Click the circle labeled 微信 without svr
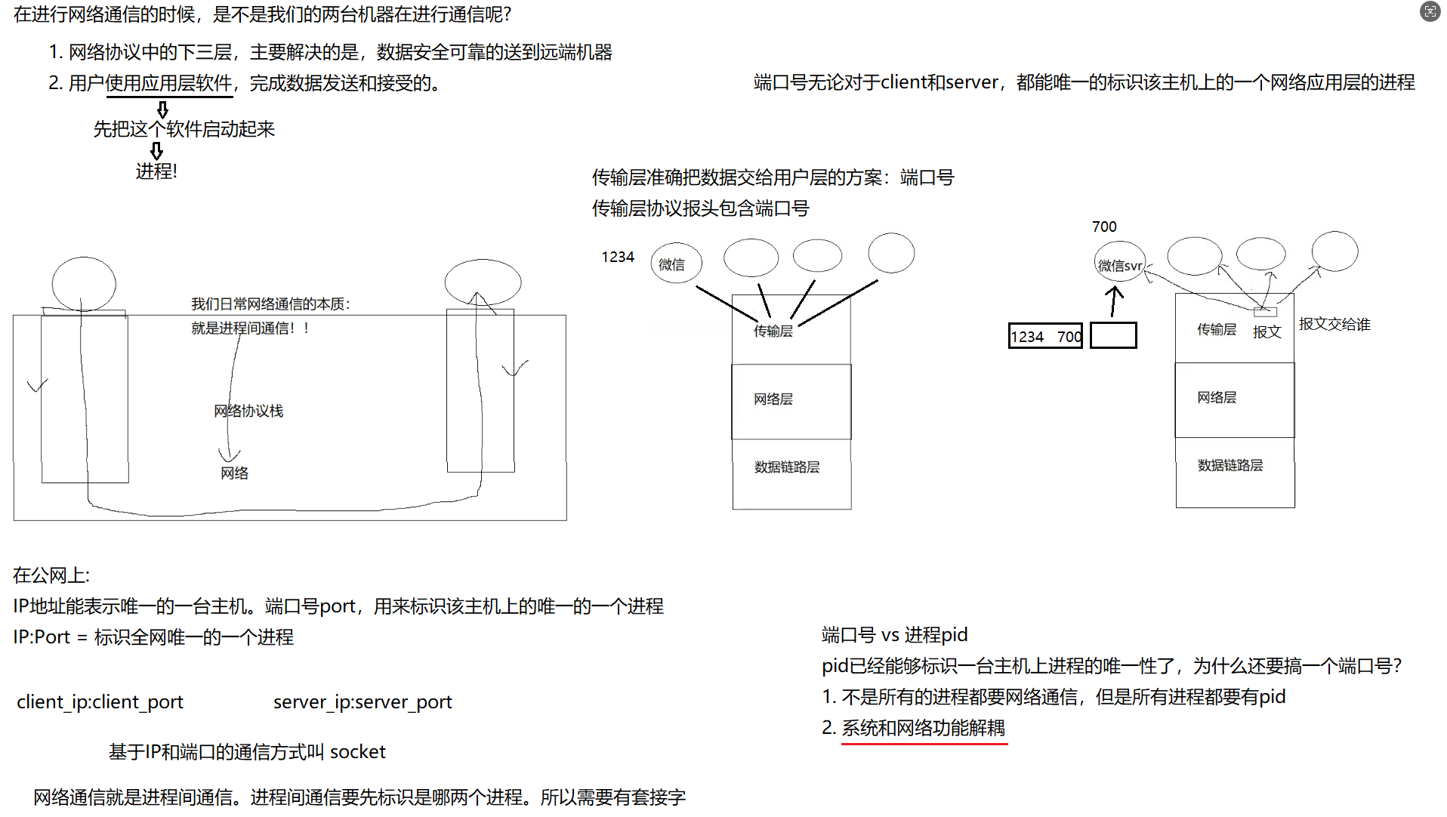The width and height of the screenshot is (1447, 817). (676, 264)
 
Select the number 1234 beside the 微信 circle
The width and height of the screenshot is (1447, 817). (618, 257)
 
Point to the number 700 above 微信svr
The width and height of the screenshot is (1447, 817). (1104, 227)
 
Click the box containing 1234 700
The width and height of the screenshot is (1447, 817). (1045, 336)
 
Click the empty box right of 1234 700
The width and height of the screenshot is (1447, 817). (1113, 335)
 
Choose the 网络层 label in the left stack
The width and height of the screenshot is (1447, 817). (773, 399)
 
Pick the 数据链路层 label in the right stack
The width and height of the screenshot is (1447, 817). (1230, 465)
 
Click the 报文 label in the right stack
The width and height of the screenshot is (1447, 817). (1267, 331)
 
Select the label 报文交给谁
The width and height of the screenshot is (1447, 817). (1334, 324)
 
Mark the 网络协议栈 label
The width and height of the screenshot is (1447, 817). (248, 411)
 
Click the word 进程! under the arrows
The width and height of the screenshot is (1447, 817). (156, 171)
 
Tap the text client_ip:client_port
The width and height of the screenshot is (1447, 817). (100, 701)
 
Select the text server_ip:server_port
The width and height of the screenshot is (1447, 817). (363, 701)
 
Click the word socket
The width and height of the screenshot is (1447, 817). (358, 751)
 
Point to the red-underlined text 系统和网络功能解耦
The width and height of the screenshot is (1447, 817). (923, 728)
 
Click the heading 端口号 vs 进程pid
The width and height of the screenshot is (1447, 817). (894, 635)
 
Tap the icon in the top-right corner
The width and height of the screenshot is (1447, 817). (1430, 11)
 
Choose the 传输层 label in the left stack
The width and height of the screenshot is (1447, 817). (773, 331)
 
